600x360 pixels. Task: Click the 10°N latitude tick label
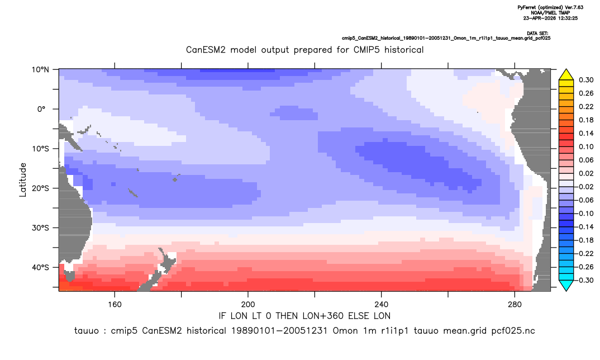pos(40,70)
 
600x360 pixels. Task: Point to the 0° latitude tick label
pos(42,109)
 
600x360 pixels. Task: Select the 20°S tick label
pos(40,188)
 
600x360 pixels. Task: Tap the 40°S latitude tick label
pos(40,267)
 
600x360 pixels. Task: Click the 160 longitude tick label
pos(115,305)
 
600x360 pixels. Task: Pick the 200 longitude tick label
pos(248,305)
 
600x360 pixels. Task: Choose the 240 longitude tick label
pos(381,305)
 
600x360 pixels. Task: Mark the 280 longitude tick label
pos(515,305)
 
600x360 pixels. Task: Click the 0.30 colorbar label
pos(586,80)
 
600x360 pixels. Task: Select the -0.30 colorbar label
pos(584,280)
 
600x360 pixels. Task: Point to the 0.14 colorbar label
pos(586,133)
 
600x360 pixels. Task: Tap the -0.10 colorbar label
pos(584,214)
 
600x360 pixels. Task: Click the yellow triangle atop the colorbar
pos(566,75)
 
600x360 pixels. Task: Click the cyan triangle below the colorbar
pos(566,285)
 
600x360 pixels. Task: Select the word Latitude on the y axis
pos(23,180)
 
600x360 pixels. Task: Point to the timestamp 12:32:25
pos(568,18)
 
